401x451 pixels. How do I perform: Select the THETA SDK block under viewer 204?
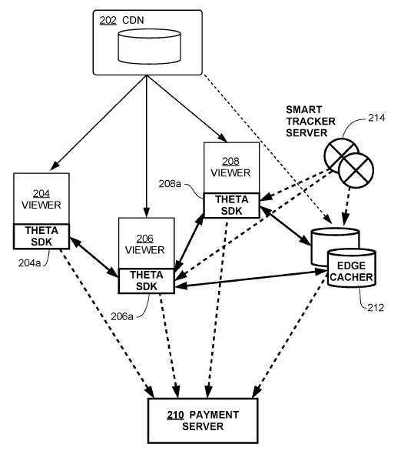41,236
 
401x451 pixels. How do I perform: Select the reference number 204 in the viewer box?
41,193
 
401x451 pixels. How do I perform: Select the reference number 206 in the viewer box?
146,239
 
